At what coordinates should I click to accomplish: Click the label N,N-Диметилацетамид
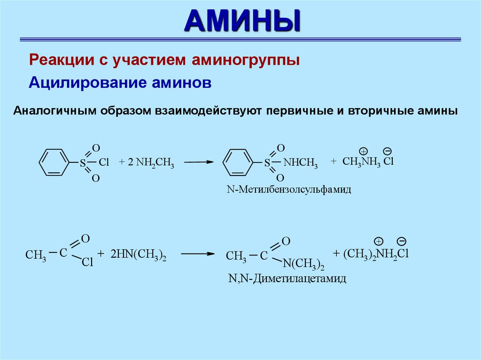(287, 279)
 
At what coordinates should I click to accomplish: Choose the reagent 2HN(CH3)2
(139, 255)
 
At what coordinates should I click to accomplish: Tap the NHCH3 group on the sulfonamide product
(301, 164)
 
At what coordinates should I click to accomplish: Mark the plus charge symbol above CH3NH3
(363, 151)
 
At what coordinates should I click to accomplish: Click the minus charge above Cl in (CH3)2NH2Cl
(401, 242)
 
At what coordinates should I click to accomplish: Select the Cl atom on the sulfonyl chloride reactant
(104, 163)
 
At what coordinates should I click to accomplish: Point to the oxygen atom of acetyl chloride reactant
(85, 239)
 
